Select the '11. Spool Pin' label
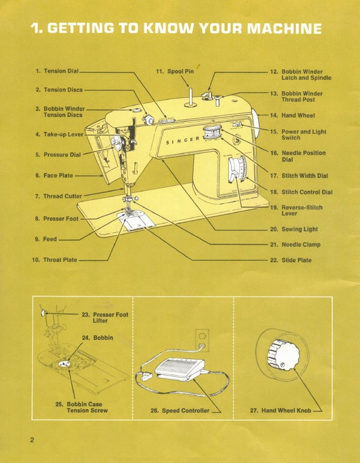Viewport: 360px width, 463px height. pos(175,71)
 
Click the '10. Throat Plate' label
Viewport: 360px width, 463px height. pos(54,260)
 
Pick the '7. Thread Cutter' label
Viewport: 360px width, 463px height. pos(58,196)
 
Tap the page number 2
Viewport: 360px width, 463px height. pos(32,440)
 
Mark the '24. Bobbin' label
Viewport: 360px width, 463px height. pos(97,338)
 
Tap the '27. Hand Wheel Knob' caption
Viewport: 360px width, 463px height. pos(280,411)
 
